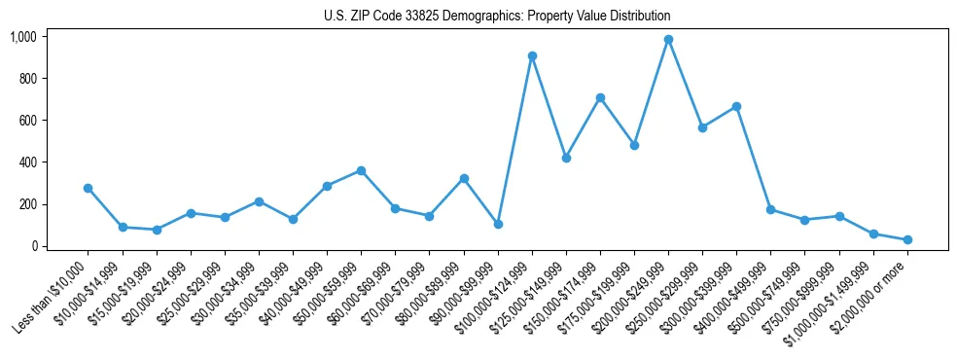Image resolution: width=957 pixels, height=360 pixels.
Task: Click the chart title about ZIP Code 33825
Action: pyautogui.click(x=497, y=17)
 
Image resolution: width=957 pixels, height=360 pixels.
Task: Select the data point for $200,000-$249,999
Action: pyautogui.click(x=668, y=40)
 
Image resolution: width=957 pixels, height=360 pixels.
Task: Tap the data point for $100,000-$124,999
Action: pyautogui.click(x=532, y=55)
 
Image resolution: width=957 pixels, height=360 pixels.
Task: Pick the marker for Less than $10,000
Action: pyautogui.click(x=89, y=188)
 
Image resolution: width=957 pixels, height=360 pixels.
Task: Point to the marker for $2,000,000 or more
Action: pyautogui.click(x=907, y=239)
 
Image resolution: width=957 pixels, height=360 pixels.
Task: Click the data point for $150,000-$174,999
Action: pyautogui.click(x=600, y=97)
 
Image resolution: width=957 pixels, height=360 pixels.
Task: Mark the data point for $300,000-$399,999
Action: pyautogui.click(x=736, y=106)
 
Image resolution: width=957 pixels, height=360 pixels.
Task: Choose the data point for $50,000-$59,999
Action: pyautogui.click(x=361, y=170)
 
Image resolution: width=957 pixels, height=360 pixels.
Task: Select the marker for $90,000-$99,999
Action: pyautogui.click(x=498, y=224)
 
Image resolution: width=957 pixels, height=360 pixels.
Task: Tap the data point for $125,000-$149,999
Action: pyautogui.click(x=566, y=158)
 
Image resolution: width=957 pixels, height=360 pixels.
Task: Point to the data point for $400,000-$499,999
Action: pyautogui.click(x=770, y=209)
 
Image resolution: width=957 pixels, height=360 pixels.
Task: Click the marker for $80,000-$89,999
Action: pyautogui.click(x=464, y=178)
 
